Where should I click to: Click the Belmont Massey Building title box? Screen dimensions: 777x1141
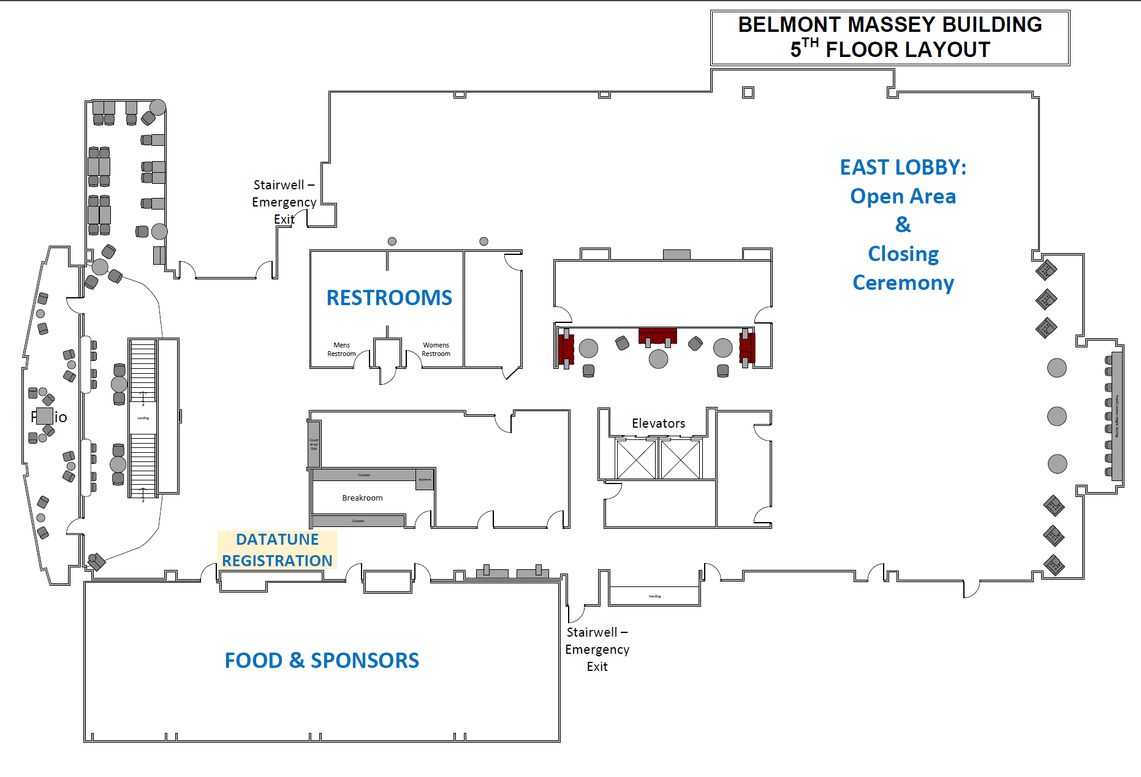890,37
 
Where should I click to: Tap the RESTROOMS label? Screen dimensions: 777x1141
389,298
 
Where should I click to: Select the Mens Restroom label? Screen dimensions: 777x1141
341,349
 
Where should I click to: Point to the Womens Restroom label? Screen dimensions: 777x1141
436,349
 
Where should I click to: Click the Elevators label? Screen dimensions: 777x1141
658,423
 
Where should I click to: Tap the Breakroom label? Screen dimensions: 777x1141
362,498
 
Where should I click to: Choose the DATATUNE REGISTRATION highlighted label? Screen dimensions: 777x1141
277,550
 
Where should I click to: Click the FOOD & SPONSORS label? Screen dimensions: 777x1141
322,661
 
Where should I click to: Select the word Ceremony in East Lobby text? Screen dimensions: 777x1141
903,282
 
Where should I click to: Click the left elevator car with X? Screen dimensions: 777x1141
636,460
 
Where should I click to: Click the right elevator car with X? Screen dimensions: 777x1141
680,460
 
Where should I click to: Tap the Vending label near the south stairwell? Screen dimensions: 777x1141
654,596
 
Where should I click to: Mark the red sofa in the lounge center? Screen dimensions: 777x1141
658,336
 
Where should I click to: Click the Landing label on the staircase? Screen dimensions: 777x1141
143,418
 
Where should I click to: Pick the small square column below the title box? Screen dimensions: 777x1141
748,93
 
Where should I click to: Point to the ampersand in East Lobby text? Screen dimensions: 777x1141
903,224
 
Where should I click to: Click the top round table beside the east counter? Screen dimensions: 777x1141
1056,368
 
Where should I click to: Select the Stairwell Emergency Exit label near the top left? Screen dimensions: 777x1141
284,202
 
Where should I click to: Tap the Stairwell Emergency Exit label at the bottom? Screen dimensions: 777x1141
597,649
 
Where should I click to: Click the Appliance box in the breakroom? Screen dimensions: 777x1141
425,480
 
